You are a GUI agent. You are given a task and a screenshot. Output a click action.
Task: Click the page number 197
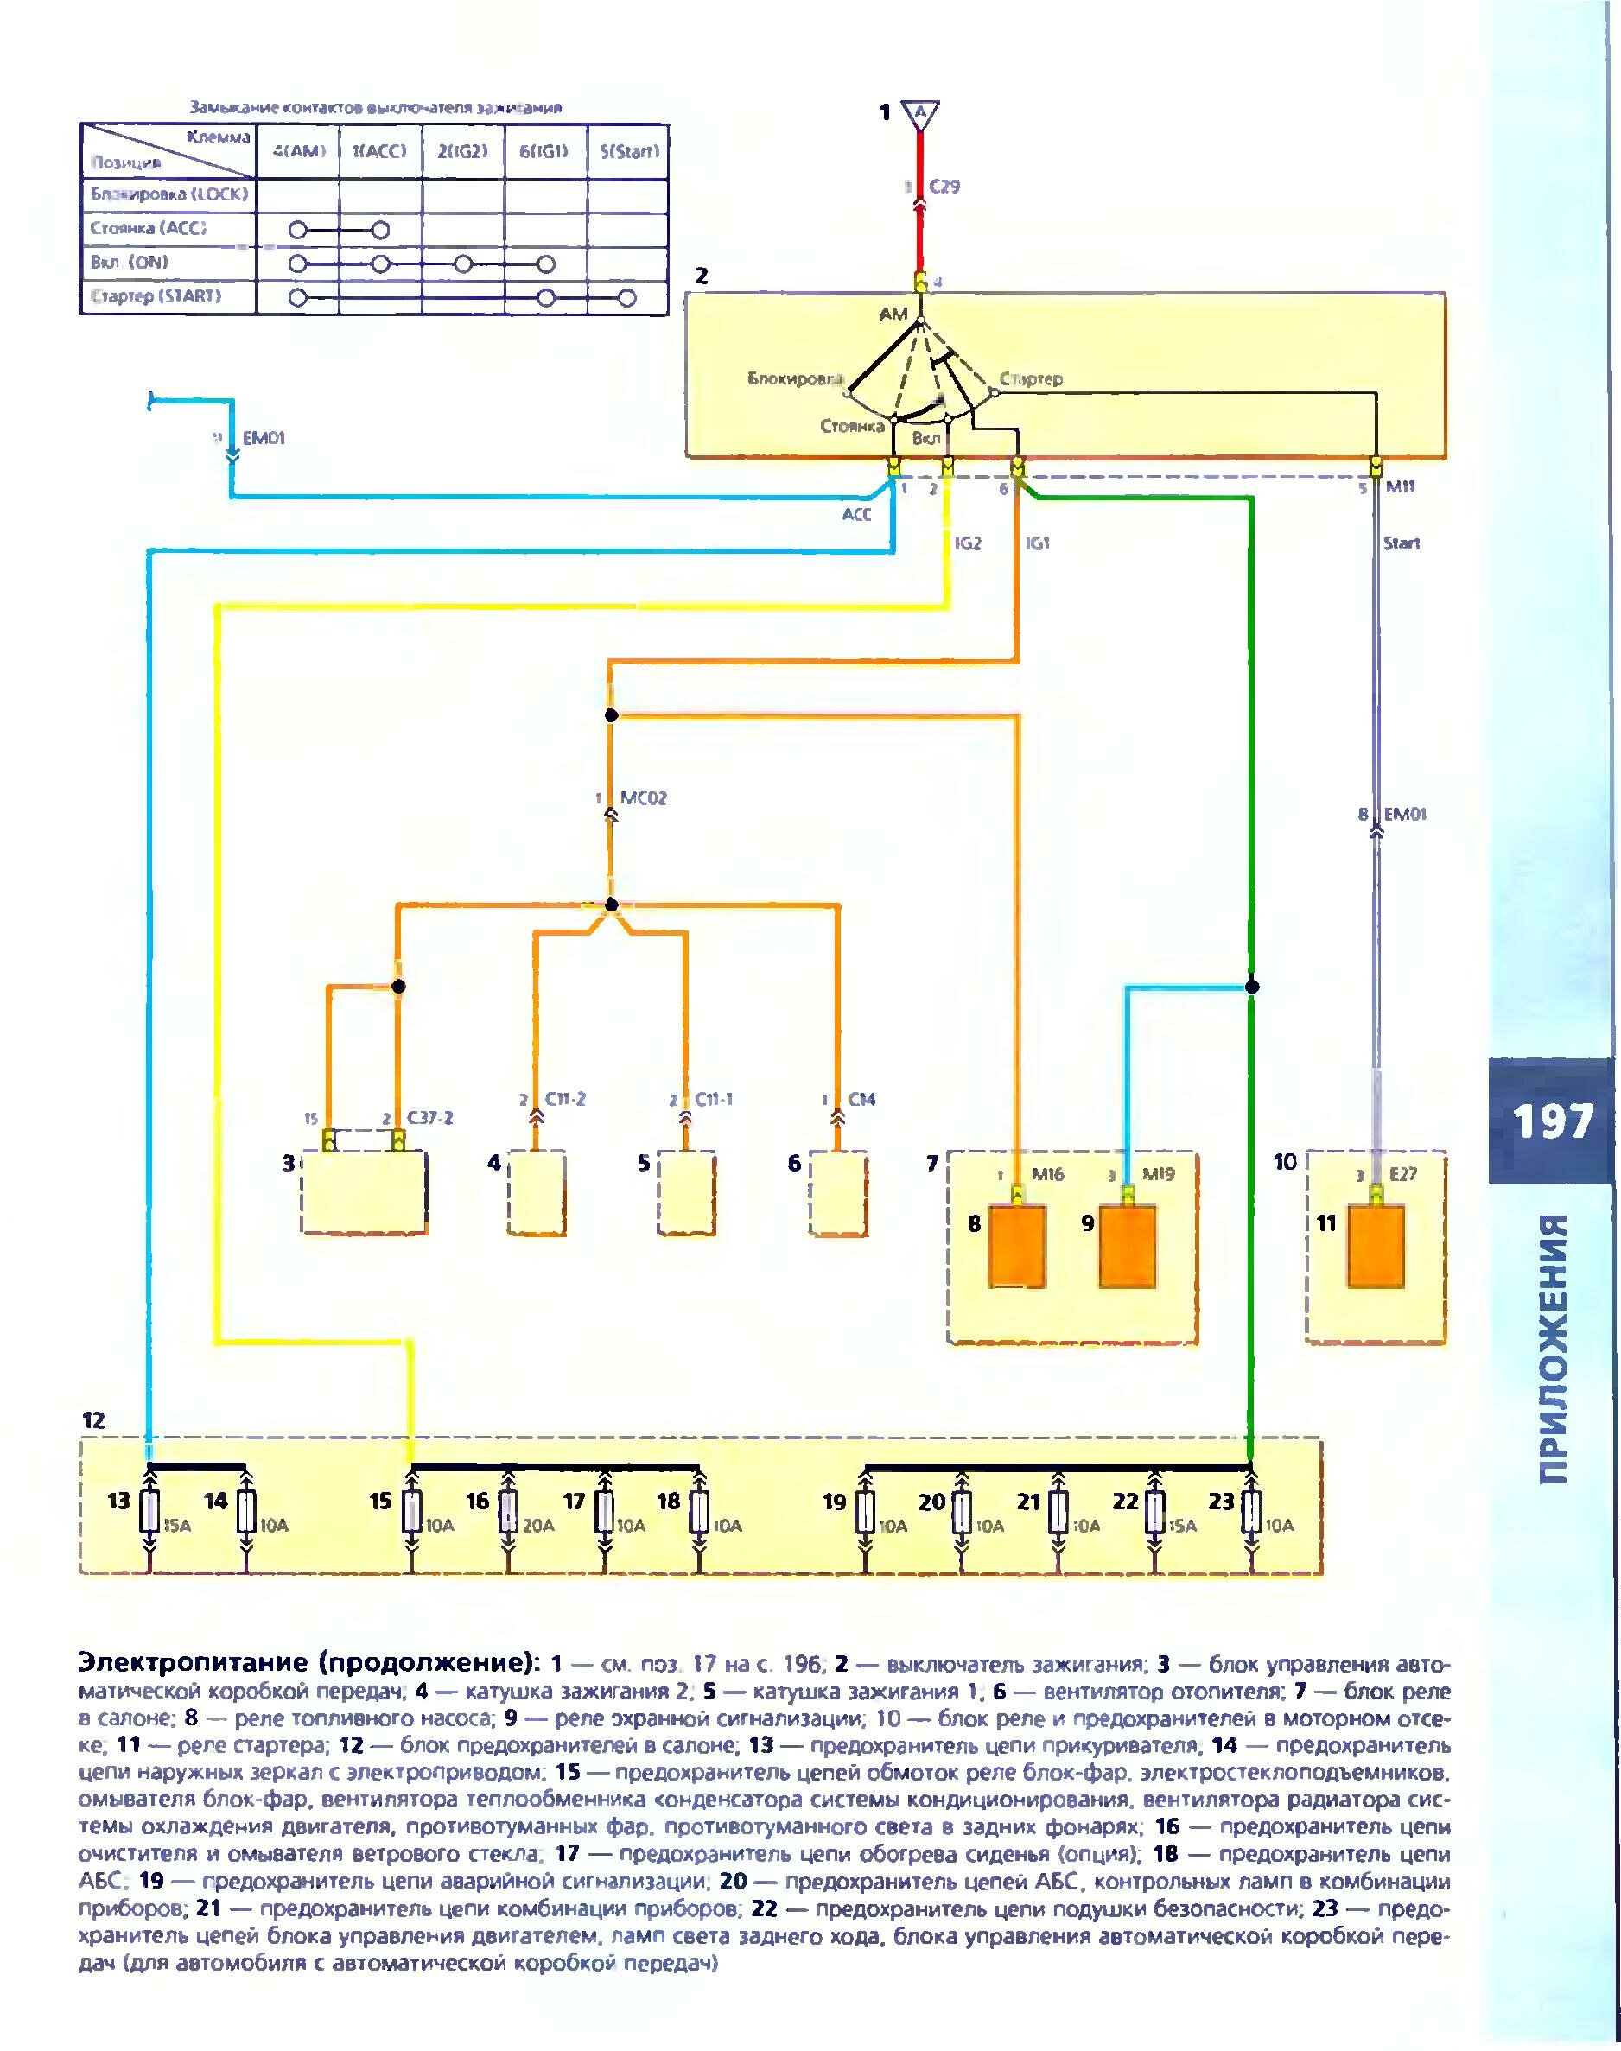point(1552,1121)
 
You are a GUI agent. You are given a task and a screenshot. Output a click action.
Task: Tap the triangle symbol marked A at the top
point(919,114)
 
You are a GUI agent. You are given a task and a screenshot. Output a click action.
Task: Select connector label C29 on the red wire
point(944,187)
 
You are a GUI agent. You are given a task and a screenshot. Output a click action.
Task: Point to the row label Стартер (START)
point(156,296)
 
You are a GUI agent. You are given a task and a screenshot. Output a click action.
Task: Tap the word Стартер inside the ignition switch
point(1031,378)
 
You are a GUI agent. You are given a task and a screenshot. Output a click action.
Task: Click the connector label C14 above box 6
point(861,1100)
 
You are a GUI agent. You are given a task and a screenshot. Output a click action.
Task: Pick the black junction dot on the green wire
point(1252,987)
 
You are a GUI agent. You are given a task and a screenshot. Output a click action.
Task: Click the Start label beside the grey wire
point(1401,543)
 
